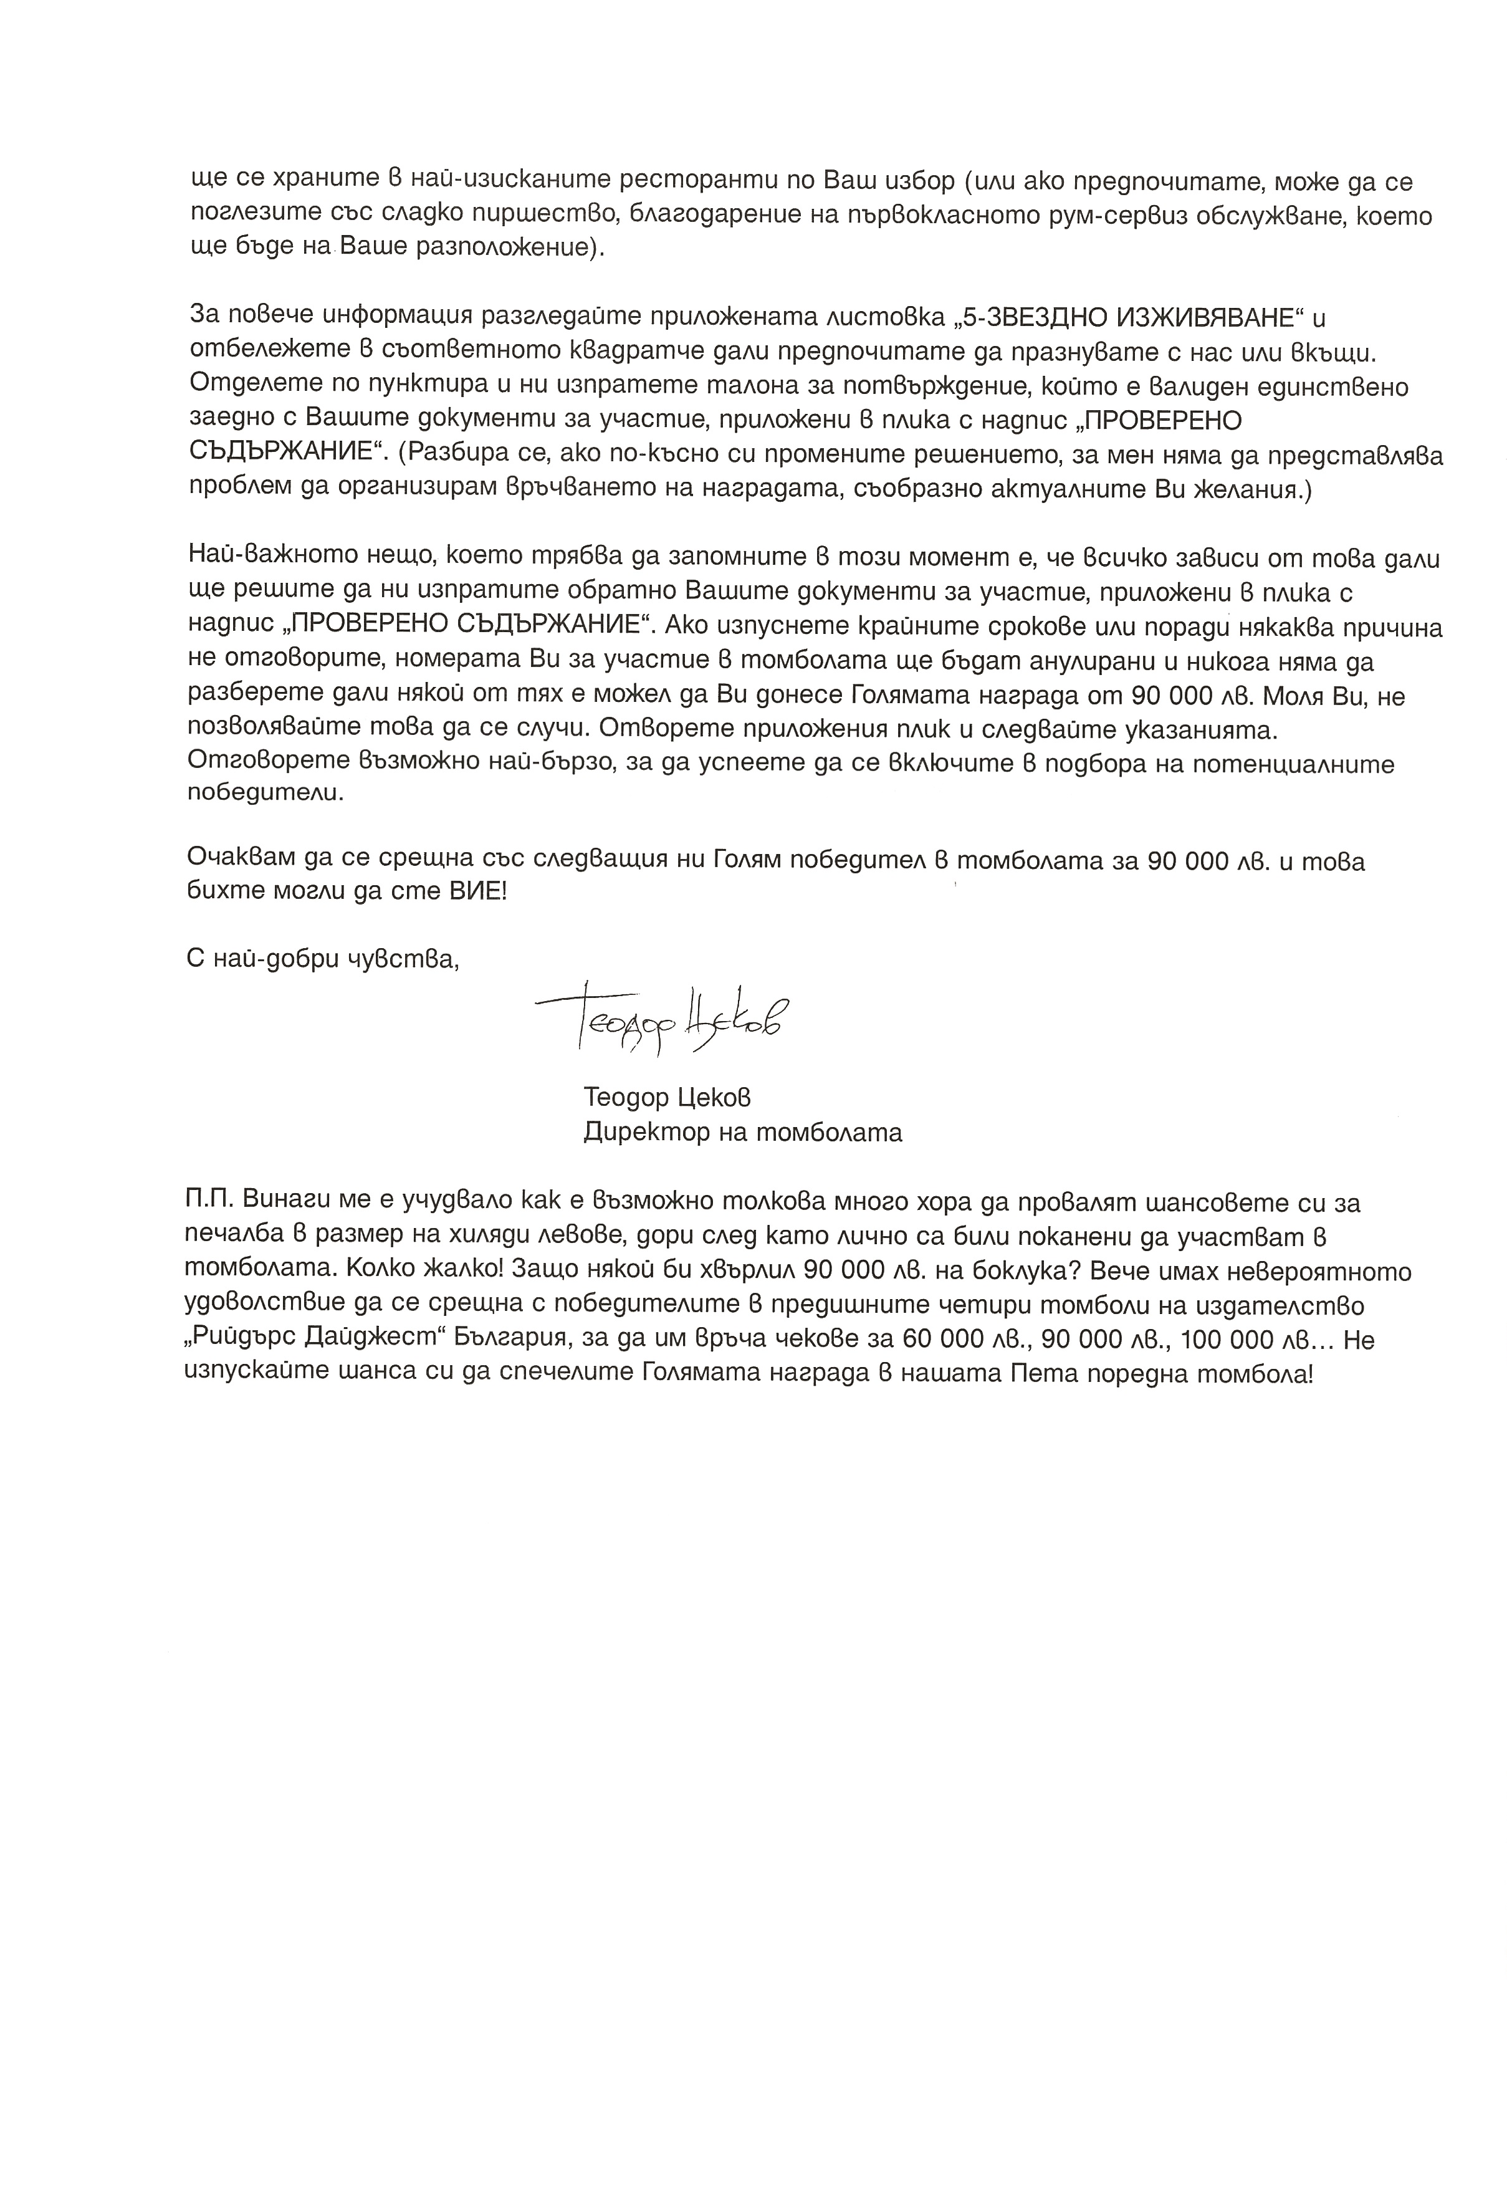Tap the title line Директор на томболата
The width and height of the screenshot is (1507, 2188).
pyautogui.click(x=742, y=1131)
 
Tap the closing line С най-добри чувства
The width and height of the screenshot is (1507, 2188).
pyautogui.click(x=323, y=961)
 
